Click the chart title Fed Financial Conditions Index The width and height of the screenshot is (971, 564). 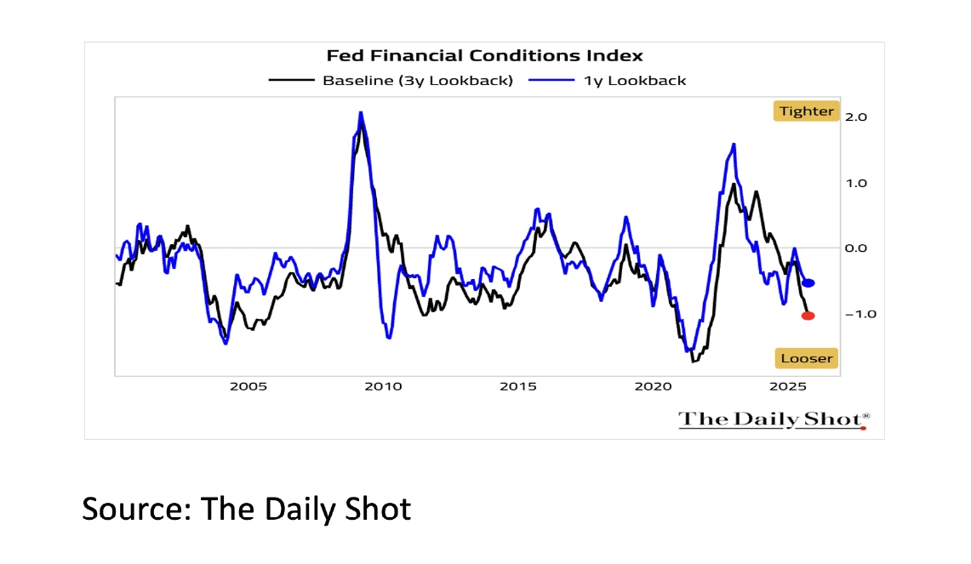(485, 56)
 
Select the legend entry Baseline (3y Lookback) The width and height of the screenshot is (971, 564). (417, 81)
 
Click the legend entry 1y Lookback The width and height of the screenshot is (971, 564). (635, 81)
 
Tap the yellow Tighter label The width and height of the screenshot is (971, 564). (806, 111)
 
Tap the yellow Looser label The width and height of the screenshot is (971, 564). (806, 358)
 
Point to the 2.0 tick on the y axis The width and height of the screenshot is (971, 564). (855, 117)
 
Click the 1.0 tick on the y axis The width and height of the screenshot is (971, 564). (855, 183)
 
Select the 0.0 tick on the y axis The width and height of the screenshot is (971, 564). (855, 248)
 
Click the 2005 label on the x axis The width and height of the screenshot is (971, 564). (248, 386)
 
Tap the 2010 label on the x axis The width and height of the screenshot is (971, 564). (383, 386)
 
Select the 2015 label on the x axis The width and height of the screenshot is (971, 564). (518, 386)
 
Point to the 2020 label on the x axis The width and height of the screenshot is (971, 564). (654, 386)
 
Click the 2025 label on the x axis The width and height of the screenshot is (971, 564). (788, 386)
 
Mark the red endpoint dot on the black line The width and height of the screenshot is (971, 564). (808, 316)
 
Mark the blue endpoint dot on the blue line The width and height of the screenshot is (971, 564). (808, 283)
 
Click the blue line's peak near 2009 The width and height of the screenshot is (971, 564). (361, 112)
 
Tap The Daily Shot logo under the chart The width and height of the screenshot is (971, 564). (774, 419)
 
